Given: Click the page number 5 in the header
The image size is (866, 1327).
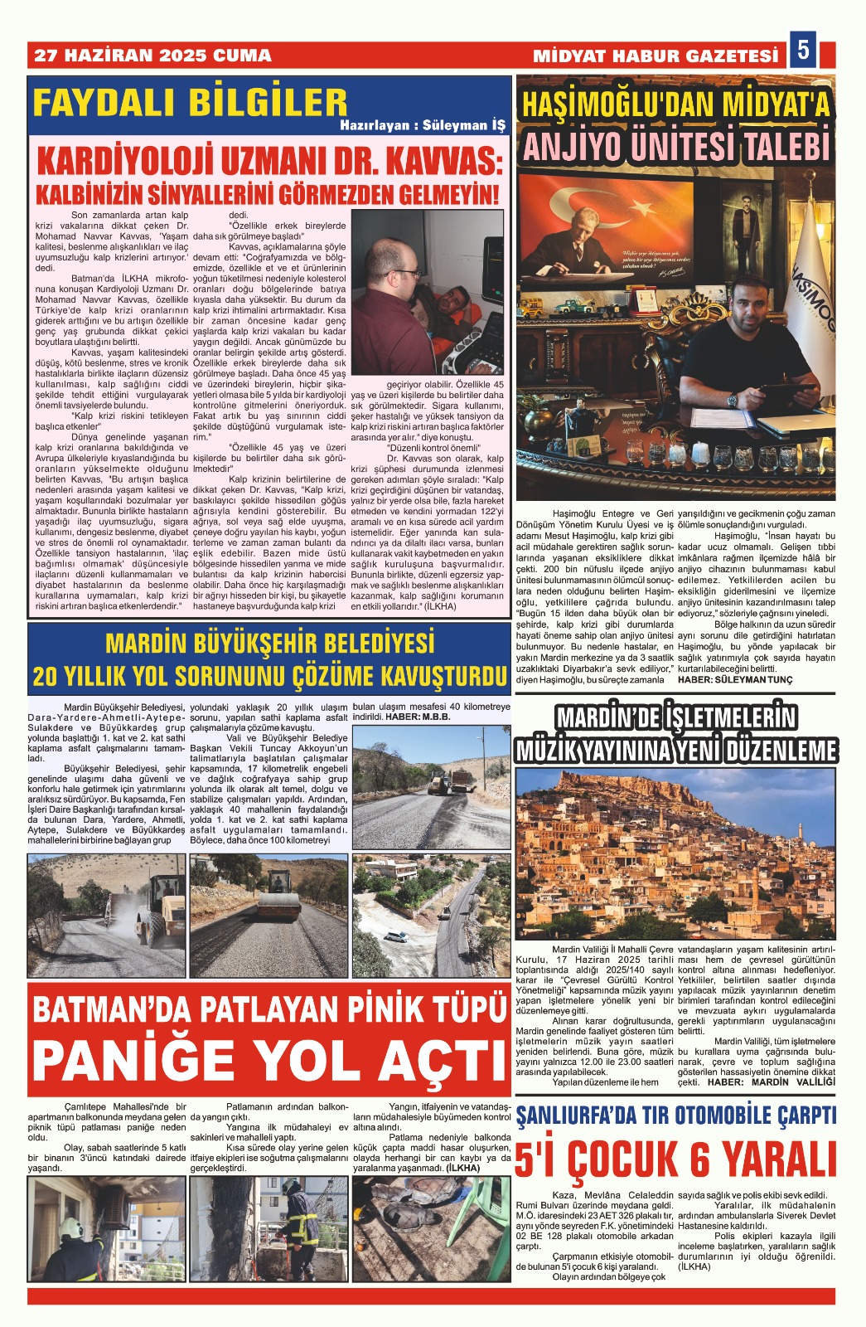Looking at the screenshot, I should [x=803, y=51].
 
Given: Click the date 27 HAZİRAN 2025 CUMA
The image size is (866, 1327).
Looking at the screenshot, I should [x=152, y=56].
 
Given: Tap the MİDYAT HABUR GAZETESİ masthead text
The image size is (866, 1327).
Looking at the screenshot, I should [x=656, y=56].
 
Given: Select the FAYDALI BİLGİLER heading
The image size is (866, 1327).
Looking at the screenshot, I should [x=190, y=103].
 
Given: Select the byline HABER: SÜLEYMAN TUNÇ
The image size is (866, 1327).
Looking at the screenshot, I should [x=734, y=679].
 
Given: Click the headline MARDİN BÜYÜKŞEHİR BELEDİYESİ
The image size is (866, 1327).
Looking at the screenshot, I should [x=269, y=643].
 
